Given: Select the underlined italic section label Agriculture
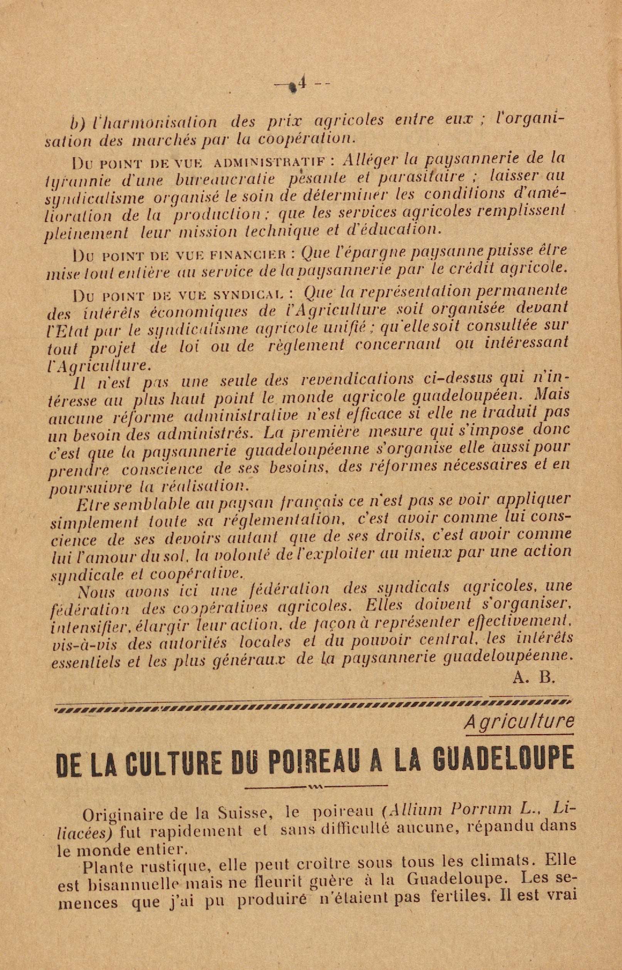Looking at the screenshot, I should (x=519, y=720).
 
